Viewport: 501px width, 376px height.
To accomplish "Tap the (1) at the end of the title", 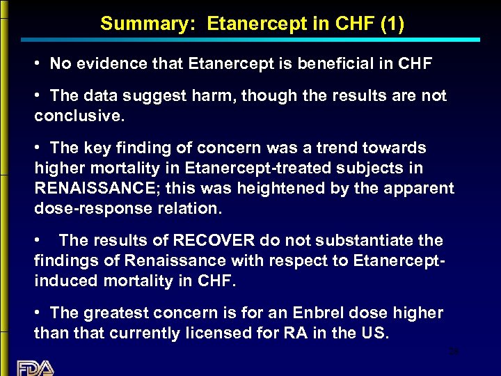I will pyautogui.click(x=391, y=24).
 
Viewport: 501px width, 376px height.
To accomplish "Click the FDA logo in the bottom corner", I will pyautogui.click(x=35, y=366).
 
